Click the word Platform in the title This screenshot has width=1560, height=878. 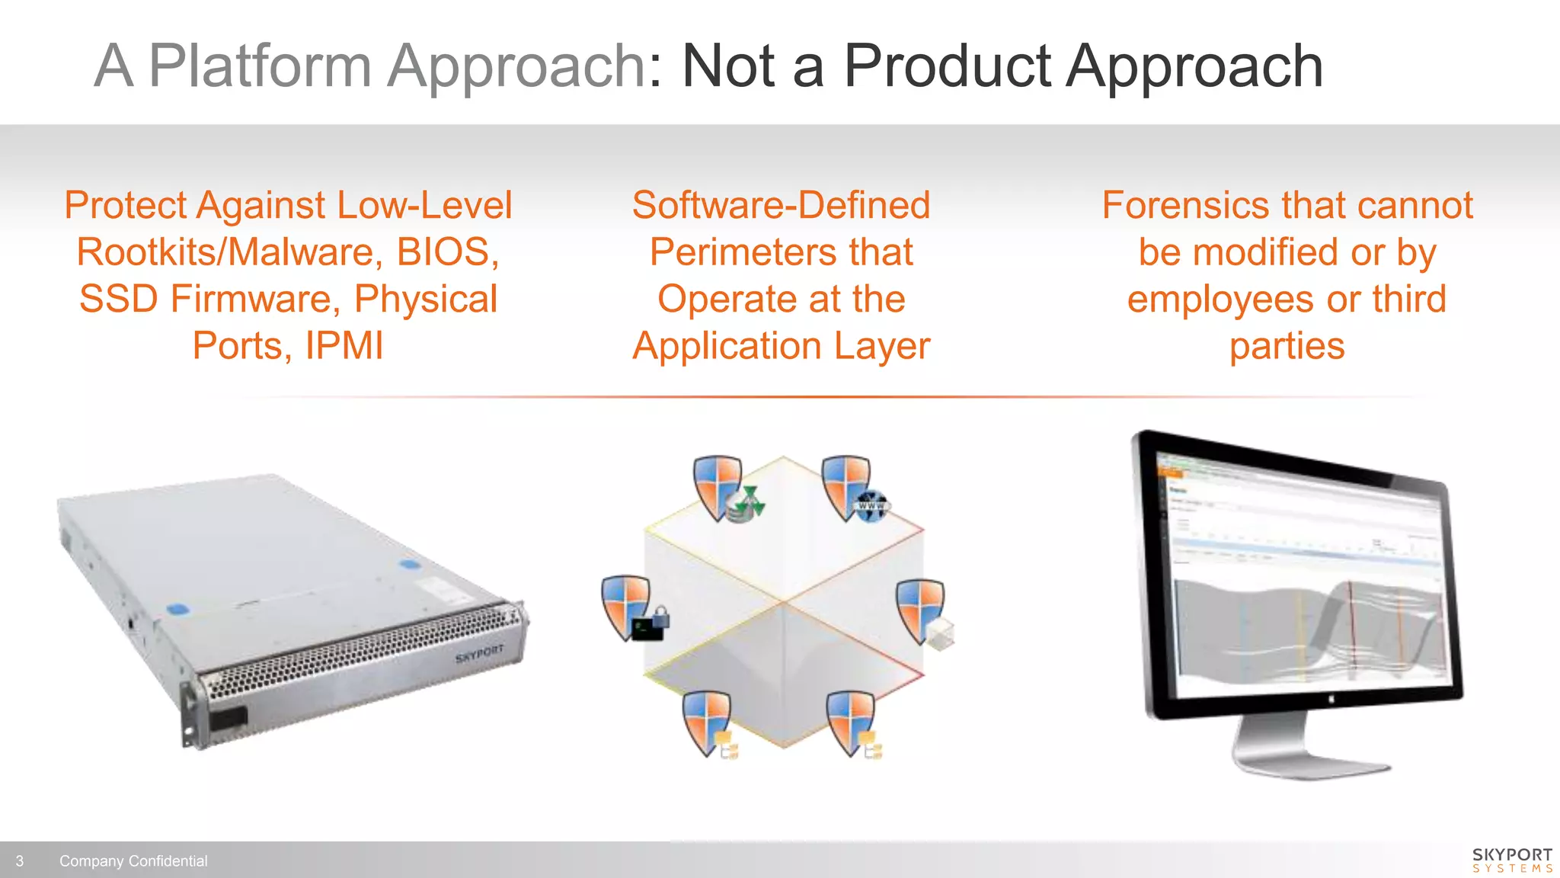click(x=259, y=67)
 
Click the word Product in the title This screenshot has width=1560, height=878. click(x=948, y=67)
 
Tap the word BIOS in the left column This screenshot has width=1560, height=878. click(x=447, y=252)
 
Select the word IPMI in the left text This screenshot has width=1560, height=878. click(x=344, y=346)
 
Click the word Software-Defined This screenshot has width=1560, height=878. click(x=781, y=206)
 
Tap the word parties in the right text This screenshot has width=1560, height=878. click(x=1287, y=346)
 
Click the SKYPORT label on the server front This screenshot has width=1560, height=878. click(x=479, y=653)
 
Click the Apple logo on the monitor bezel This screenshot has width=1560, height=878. click(x=1332, y=698)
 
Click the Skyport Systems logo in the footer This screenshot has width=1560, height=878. click(x=1512, y=860)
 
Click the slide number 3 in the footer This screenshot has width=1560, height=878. click(x=20, y=861)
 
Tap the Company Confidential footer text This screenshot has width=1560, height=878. click(x=133, y=861)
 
